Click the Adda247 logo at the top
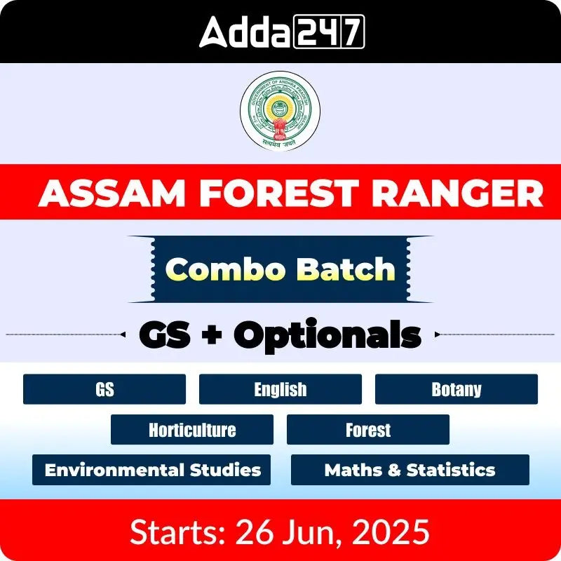(x=281, y=32)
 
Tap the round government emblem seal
(x=280, y=111)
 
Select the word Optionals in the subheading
(x=327, y=335)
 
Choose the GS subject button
(x=104, y=389)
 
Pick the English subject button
(x=280, y=389)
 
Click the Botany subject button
(x=457, y=389)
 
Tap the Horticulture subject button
(x=192, y=430)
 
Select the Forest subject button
(x=368, y=430)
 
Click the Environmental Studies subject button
(x=153, y=470)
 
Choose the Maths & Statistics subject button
(x=410, y=470)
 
